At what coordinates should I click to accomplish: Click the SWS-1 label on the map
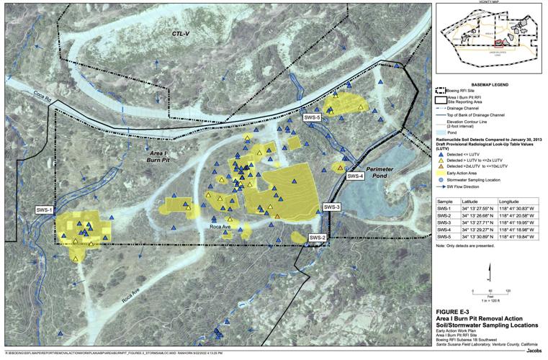point(45,210)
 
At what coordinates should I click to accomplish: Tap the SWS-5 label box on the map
point(311,116)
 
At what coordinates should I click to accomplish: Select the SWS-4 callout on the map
point(356,176)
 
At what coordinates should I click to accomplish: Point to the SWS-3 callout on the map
point(332,207)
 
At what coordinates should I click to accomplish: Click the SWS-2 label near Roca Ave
point(318,238)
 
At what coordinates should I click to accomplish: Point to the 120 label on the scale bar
point(508,290)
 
